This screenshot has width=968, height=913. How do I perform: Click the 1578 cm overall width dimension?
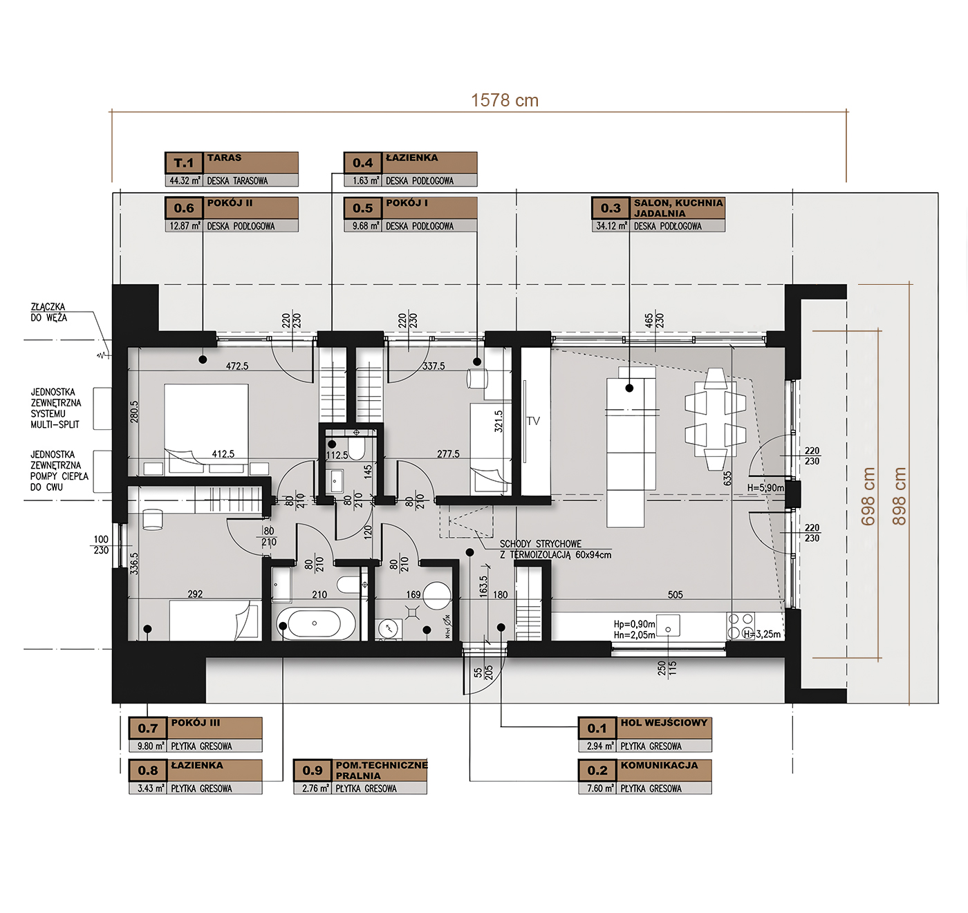coord(505,100)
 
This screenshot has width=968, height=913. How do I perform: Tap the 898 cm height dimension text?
coord(899,496)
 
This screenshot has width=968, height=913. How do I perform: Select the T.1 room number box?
coord(184,163)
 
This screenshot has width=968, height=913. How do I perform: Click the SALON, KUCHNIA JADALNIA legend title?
coord(678,208)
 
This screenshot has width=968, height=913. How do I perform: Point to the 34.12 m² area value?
coord(611,226)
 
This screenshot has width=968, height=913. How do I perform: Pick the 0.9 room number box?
coord(313,770)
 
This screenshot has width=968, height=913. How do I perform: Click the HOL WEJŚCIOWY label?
coord(663,722)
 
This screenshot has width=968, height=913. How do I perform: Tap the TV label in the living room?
coord(532,421)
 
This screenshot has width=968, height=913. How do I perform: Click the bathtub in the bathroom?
coord(315,623)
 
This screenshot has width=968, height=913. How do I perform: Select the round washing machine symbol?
coord(436,596)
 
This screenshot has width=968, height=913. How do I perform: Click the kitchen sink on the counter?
coord(668,625)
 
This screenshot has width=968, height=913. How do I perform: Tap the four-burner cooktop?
coord(741,626)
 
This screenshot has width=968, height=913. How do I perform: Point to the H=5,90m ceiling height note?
coord(765,488)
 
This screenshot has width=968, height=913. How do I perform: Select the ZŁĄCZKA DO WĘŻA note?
coord(48,312)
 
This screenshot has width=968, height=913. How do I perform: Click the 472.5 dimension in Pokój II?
coord(237,366)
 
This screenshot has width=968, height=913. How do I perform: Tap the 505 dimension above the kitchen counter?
coord(675,594)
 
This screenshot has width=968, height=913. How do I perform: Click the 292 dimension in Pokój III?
coord(195,594)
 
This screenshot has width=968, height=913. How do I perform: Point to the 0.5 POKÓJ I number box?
coord(362,208)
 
